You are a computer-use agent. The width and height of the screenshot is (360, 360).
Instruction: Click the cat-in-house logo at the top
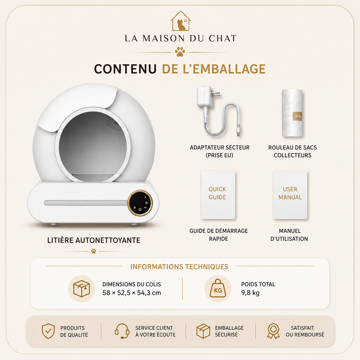[181, 21]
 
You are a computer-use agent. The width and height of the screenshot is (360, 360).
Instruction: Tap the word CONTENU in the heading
[125, 69]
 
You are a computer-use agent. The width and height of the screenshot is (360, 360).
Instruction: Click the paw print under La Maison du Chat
[180, 52]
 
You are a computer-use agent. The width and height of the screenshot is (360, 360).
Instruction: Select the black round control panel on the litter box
[140, 203]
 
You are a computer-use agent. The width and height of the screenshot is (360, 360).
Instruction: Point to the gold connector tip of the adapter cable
[238, 133]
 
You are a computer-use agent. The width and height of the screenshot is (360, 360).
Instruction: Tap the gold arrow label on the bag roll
[297, 116]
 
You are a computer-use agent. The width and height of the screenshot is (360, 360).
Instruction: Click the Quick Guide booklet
[218, 195]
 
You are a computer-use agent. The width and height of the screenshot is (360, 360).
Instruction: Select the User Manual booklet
[290, 195]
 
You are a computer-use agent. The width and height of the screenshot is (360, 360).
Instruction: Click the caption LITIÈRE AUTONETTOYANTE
[94, 240]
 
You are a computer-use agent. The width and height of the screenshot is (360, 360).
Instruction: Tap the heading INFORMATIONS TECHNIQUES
[179, 267]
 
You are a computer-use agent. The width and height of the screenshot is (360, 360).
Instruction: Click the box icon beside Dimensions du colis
[82, 289]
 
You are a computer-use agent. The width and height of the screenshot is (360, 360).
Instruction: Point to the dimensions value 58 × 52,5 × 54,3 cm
[132, 293]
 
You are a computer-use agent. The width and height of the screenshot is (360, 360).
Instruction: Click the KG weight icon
[218, 289]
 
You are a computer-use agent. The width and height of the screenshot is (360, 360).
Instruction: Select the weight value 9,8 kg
[250, 293]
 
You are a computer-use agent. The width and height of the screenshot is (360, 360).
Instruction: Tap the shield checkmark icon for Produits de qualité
[48, 331]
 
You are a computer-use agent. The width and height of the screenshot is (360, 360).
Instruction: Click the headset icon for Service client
[122, 331]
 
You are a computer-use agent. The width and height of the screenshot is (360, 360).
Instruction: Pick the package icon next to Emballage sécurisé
[203, 331]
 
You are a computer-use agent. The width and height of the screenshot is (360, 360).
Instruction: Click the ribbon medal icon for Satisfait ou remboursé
[273, 331]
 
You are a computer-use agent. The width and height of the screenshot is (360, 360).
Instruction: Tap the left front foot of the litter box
[54, 224]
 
